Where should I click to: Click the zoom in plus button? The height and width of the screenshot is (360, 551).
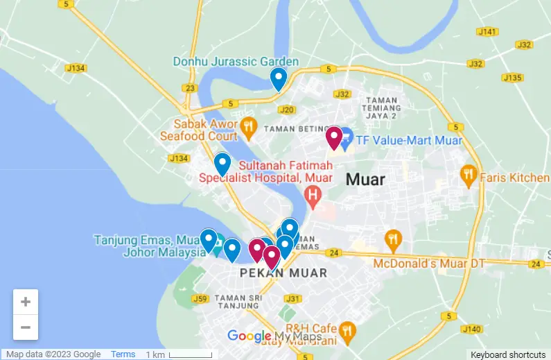point(26,302)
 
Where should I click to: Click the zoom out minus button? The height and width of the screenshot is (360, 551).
point(26,327)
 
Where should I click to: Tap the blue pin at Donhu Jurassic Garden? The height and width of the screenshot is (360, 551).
point(278,78)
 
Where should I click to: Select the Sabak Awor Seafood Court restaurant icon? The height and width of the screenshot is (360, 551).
point(249,126)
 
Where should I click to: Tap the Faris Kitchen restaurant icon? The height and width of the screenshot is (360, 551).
point(469,175)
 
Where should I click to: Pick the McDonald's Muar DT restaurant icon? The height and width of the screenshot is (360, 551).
point(394,240)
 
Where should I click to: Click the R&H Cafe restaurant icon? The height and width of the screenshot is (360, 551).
point(347,331)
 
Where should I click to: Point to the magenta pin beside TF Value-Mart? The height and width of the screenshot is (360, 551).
point(334,137)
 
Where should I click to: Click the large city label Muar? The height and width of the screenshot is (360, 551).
point(365,180)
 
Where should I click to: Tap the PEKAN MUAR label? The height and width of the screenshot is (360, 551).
point(283,273)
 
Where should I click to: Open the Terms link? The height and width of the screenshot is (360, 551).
point(123,354)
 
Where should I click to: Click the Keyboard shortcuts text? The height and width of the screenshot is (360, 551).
point(508,354)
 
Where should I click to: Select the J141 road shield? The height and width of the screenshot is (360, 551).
point(487,31)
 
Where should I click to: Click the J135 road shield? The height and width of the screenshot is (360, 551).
point(511,78)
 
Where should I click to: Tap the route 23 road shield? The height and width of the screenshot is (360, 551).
point(191,88)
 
